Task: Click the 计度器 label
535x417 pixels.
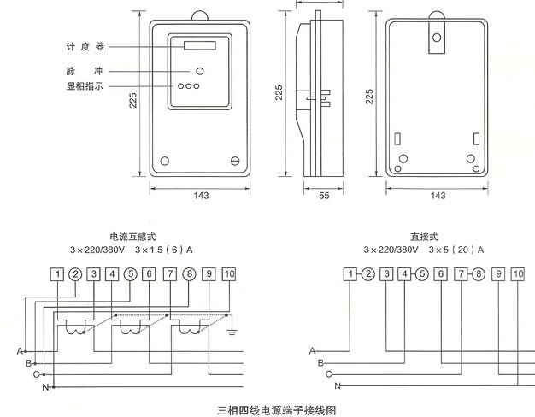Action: pos(85,47)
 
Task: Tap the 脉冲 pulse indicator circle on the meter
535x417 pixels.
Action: pos(200,71)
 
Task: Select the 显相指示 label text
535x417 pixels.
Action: pos(85,86)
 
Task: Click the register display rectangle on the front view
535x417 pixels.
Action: pos(200,45)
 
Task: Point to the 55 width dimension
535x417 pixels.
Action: pos(324,196)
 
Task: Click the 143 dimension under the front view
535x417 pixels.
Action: pos(201,196)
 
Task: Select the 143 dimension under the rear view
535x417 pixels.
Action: pos(438,196)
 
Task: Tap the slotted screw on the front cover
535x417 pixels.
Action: pos(235,161)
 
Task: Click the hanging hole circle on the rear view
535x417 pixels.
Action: pos(437,38)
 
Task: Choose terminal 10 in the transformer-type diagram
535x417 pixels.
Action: pos(229,274)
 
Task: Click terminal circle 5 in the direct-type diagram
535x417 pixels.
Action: pos(422,274)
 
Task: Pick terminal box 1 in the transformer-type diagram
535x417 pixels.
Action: pos(57,274)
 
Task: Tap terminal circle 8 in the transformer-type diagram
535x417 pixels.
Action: pos(190,274)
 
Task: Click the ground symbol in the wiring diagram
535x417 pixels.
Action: pos(232,331)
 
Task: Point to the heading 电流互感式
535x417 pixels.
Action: pos(132,237)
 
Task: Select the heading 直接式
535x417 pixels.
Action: pos(424,237)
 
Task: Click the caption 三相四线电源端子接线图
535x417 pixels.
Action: pos(276,410)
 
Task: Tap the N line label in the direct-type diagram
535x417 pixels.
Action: pos(338,386)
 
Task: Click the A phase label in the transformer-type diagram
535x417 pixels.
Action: pos(20,351)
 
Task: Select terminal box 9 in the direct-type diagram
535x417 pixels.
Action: pos(498,274)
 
